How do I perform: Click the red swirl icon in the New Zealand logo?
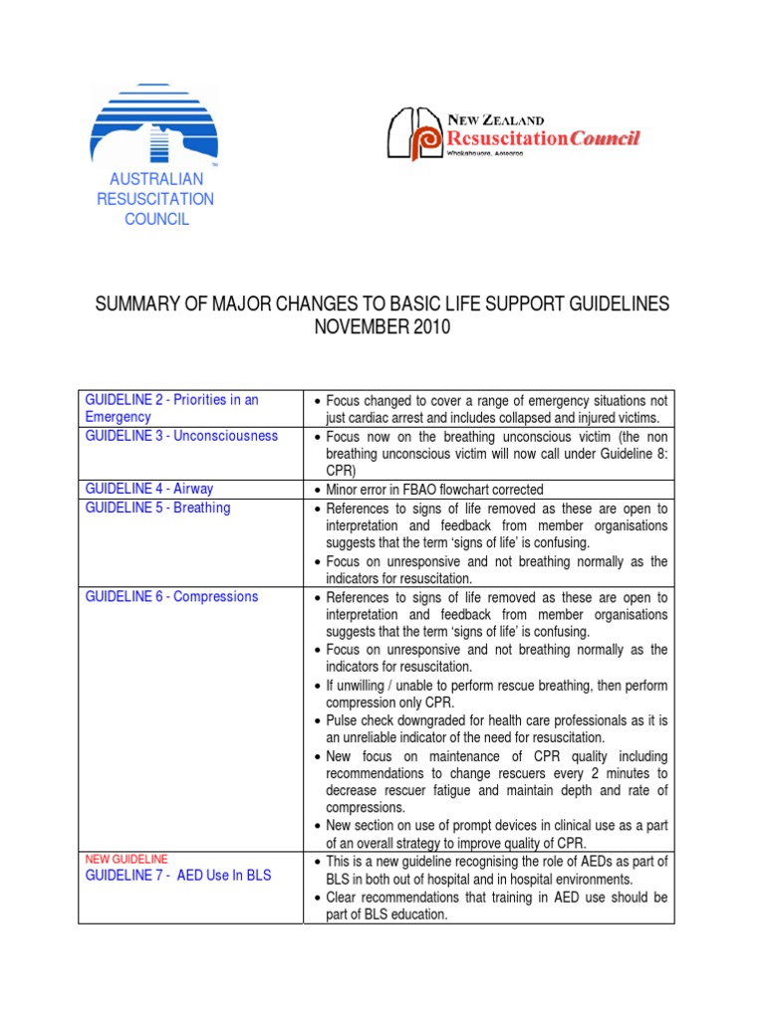(x=428, y=138)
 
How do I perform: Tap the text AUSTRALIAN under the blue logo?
(x=156, y=179)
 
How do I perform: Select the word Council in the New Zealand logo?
(x=604, y=138)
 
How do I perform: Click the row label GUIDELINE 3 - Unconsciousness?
(x=181, y=436)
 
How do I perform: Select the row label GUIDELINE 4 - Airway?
(x=148, y=489)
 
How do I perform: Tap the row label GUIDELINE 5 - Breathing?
(x=157, y=508)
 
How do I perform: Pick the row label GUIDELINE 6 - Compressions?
(x=171, y=596)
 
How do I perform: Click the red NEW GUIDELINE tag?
(x=127, y=859)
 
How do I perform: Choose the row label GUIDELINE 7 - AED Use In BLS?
(x=177, y=876)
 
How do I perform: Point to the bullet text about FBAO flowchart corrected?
(x=434, y=490)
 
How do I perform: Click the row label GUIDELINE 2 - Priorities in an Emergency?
(x=171, y=408)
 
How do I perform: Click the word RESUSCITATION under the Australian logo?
(x=155, y=199)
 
